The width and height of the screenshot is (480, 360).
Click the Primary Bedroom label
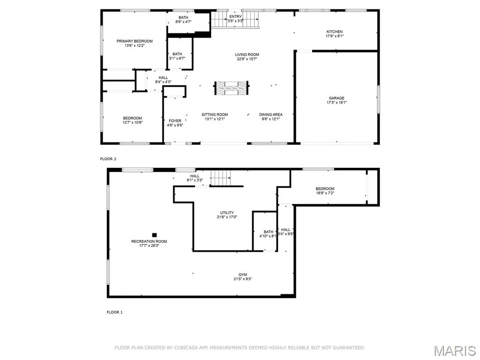coord(135,41)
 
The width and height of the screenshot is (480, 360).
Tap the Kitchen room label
coord(335,31)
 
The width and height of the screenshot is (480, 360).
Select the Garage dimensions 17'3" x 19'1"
coord(337,103)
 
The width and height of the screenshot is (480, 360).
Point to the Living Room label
coord(247,54)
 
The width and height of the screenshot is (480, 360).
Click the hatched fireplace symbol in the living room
coord(232,88)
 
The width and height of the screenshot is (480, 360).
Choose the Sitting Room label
coord(215,114)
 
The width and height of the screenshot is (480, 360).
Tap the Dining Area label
coord(271,114)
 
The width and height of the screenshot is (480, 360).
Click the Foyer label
coord(175,120)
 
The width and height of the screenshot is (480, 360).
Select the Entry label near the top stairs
coord(235,16)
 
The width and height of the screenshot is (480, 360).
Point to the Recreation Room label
coord(149,241)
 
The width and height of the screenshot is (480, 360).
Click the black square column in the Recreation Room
coord(155,235)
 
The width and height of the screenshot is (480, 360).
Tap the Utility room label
coord(227,212)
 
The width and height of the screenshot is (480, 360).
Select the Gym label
coord(243,275)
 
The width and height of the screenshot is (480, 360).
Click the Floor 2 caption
coord(108,159)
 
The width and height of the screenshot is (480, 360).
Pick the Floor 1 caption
coord(114,312)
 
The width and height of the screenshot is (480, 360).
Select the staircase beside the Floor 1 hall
coord(220,178)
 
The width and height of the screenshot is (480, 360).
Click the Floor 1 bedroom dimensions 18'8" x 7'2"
coord(325,193)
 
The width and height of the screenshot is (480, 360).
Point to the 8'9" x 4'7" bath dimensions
coord(183,22)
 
